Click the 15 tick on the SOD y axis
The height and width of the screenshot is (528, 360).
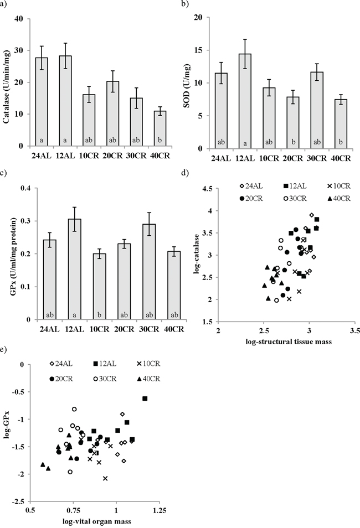point(197,50)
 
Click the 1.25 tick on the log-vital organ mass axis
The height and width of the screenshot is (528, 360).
point(160,508)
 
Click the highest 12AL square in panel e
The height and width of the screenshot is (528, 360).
point(145,398)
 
